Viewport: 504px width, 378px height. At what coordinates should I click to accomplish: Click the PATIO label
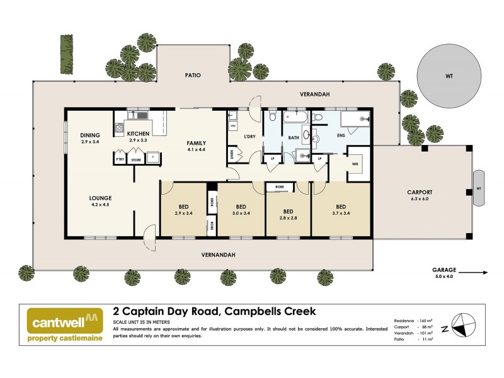(192, 74)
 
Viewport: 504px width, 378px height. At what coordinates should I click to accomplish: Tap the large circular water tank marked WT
(449, 76)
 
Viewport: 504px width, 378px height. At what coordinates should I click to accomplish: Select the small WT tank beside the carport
(479, 188)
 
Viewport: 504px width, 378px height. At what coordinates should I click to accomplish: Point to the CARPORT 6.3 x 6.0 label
(420, 195)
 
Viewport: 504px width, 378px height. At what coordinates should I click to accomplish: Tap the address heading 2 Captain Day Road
(214, 311)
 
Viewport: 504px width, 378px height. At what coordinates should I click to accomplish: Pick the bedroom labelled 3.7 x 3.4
(341, 210)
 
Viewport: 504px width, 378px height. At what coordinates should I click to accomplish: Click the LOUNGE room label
(100, 201)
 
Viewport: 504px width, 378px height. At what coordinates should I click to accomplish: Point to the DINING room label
(91, 138)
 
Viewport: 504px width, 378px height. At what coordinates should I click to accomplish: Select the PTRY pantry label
(120, 160)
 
